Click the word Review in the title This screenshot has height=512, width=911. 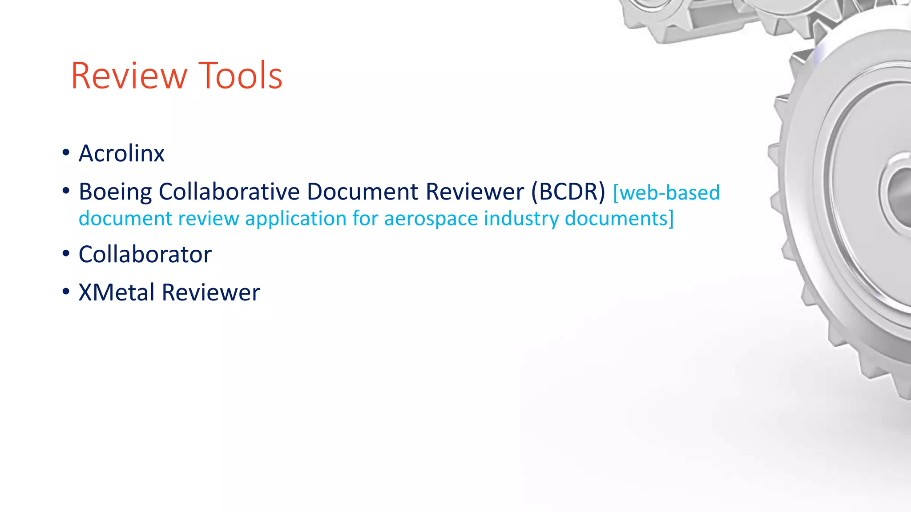[129, 76]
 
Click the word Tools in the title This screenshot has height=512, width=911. [240, 76]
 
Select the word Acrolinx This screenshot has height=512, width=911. [121, 154]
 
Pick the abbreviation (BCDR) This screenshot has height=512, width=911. [568, 192]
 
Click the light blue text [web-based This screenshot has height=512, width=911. [666, 193]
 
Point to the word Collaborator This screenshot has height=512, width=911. [145, 255]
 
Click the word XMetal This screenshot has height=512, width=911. [117, 293]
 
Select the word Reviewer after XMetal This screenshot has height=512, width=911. [211, 293]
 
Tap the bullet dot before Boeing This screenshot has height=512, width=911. [66, 191]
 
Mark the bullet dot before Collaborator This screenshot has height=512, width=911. [66, 254]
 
